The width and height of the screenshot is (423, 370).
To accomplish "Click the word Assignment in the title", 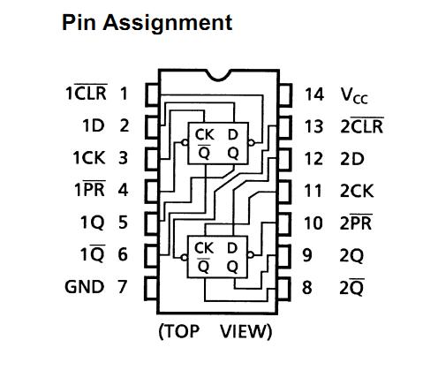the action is [x=168, y=24].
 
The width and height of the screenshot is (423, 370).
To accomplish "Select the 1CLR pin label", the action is [x=87, y=93].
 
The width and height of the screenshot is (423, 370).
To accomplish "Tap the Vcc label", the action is [x=354, y=95].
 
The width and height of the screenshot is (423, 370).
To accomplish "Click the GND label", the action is [x=85, y=287].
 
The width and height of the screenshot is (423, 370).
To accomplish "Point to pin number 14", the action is [x=314, y=94].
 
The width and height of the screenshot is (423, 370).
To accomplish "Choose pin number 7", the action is [x=123, y=286].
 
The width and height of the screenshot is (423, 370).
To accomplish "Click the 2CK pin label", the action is [x=357, y=191].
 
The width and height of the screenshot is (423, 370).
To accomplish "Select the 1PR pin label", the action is [x=90, y=189].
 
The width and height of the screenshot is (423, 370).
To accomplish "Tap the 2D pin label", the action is [x=352, y=159].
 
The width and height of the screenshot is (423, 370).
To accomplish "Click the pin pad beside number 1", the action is [x=152, y=94].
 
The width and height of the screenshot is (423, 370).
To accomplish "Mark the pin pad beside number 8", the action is [x=284, y=290].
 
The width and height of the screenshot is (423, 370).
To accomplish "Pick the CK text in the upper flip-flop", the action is [x=204, y=135].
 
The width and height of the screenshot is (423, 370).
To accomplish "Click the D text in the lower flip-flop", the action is [x=232, y=248].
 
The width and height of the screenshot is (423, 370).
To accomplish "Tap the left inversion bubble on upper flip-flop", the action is [x=185, y=143].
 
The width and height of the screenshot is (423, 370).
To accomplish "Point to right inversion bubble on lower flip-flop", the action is [x=251, y=255].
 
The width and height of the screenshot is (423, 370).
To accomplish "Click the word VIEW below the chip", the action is [x=245, y=331].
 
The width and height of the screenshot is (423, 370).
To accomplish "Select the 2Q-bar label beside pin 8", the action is [x=351, y=287].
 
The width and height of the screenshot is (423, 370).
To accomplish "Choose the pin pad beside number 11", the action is [x=284, y=192].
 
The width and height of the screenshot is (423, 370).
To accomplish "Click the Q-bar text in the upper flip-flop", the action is [x=204, y=152].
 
